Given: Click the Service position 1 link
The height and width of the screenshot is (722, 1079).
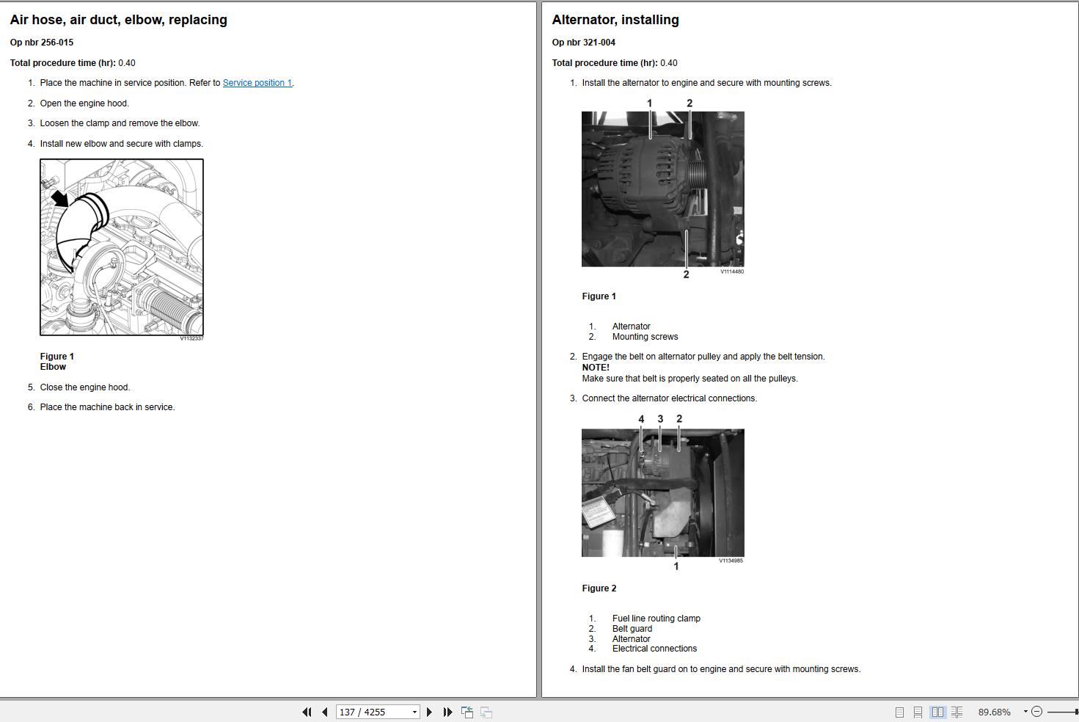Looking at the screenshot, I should pos(257,83).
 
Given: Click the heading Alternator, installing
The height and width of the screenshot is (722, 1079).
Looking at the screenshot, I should pos(615,20).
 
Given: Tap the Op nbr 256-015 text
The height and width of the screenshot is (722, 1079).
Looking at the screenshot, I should pos(42,43).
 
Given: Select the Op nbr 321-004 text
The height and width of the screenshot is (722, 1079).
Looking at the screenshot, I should pos(583,43).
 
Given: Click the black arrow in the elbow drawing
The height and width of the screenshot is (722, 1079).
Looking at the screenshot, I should pos(59,197).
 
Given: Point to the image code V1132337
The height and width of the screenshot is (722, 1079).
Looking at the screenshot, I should pos(191,338).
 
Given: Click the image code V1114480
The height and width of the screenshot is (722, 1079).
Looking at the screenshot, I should pos(731,271).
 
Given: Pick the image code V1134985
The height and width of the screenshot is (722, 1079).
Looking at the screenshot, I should pos(731,561).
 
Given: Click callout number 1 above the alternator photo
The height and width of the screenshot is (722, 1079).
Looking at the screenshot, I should pos(649,103).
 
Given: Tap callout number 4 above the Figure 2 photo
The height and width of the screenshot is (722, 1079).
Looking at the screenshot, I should pos(641,419).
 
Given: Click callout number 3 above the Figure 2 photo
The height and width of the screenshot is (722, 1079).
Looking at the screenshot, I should pos(660,419).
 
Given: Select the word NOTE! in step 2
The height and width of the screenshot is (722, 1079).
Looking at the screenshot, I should pos(596,368).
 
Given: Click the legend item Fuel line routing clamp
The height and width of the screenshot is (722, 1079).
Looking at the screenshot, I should pos(656,619).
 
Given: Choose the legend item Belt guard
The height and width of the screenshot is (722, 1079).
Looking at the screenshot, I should pos(632,629).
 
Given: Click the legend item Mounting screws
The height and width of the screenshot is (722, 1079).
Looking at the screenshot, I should pos(645,337).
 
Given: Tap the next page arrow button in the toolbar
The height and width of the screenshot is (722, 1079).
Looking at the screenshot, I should pos(430,712).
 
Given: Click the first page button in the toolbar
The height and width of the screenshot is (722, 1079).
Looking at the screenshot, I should pos(307,712).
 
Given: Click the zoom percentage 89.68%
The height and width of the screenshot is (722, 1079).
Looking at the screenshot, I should pos(994,712).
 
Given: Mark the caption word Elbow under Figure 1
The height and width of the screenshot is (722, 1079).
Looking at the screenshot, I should pos(53,367).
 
